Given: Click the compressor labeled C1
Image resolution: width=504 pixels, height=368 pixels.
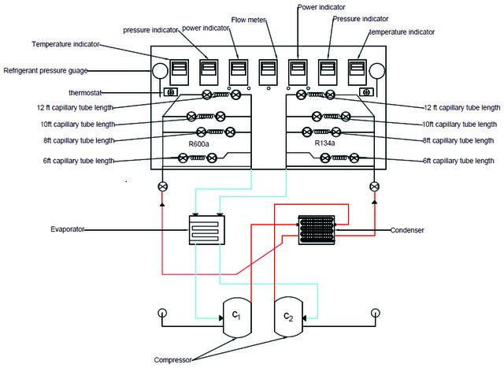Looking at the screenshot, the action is pos(237,318).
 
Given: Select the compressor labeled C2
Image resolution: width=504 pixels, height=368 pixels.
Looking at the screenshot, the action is pos(288,317).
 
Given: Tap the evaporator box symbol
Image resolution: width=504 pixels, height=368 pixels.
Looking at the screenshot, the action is pos(206,230).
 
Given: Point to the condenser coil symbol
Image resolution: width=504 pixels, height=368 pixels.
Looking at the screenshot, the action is pos(317,230).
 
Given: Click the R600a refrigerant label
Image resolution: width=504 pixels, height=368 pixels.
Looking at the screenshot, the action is pos(198,143).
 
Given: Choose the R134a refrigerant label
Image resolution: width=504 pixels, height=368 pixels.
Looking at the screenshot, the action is pos(324,143).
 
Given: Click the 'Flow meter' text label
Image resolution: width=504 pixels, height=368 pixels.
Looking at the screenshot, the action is pos(249,20).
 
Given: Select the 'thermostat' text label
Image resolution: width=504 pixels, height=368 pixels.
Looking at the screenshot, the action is pos(85,93).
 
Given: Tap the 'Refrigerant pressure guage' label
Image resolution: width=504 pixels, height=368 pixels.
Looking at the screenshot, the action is pos(46,71).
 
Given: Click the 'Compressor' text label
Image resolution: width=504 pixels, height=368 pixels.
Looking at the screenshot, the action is pos(173,360).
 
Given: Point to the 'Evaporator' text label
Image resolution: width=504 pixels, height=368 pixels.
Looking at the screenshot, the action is pos(68,229).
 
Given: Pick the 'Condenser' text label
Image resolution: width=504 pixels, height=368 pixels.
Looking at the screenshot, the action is pos(407,230).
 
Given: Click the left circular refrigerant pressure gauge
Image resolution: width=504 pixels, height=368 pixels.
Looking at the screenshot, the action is pos(160,71).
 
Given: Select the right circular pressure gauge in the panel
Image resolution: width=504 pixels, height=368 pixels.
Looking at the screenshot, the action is pos(377,71).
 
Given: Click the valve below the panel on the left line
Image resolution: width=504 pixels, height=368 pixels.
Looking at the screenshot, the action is pos(163,187).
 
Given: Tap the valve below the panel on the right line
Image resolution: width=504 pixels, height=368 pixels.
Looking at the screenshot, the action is pos(375,187).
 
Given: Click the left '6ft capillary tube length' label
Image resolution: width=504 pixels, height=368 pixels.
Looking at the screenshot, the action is pos(79,161).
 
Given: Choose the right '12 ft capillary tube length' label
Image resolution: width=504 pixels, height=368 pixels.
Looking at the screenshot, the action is pos(462,108).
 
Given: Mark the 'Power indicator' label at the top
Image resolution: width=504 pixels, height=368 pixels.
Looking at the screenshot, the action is pos(321,7).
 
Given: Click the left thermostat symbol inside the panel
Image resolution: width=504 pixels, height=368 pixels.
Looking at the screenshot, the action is pos(171,92).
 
